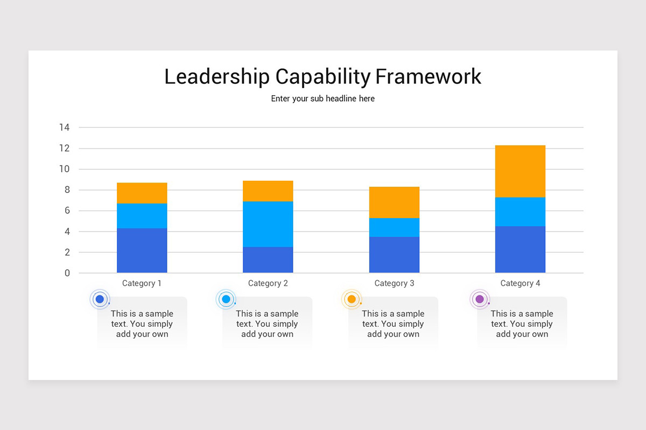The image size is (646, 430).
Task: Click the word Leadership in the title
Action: tap(216, 77)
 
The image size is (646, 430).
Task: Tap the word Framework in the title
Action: tap(428, 76)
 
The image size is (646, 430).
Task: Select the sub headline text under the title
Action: tap(323, 99)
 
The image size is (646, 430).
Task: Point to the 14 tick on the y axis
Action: tap(65, 127)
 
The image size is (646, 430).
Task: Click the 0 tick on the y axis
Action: tap(67, 273)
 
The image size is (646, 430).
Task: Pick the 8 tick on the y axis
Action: tap(67, 190)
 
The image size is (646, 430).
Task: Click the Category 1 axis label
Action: tap(142, 283)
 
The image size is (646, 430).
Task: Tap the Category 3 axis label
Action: tap(394, 283)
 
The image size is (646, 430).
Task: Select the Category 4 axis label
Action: tap(520, 283)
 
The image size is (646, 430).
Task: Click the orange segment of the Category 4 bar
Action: tap(520, 171)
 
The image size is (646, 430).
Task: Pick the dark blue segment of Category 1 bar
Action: tap(142, 250)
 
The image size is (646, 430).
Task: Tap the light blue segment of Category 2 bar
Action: tap(268, 224)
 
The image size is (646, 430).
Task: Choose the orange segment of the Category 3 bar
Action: tap(394, 202)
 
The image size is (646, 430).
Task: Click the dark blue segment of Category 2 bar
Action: tap(268, 260)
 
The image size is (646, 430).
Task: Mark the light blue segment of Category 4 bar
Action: tap(520, 212)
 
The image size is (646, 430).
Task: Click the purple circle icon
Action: tap(480, 299)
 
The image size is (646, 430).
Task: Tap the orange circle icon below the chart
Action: tap(352, 299)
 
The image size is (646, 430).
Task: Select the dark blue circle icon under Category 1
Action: tap(100, 299)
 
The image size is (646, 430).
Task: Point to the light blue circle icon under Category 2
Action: tap(226, 299)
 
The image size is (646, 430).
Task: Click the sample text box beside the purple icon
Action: tap(522, 324)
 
